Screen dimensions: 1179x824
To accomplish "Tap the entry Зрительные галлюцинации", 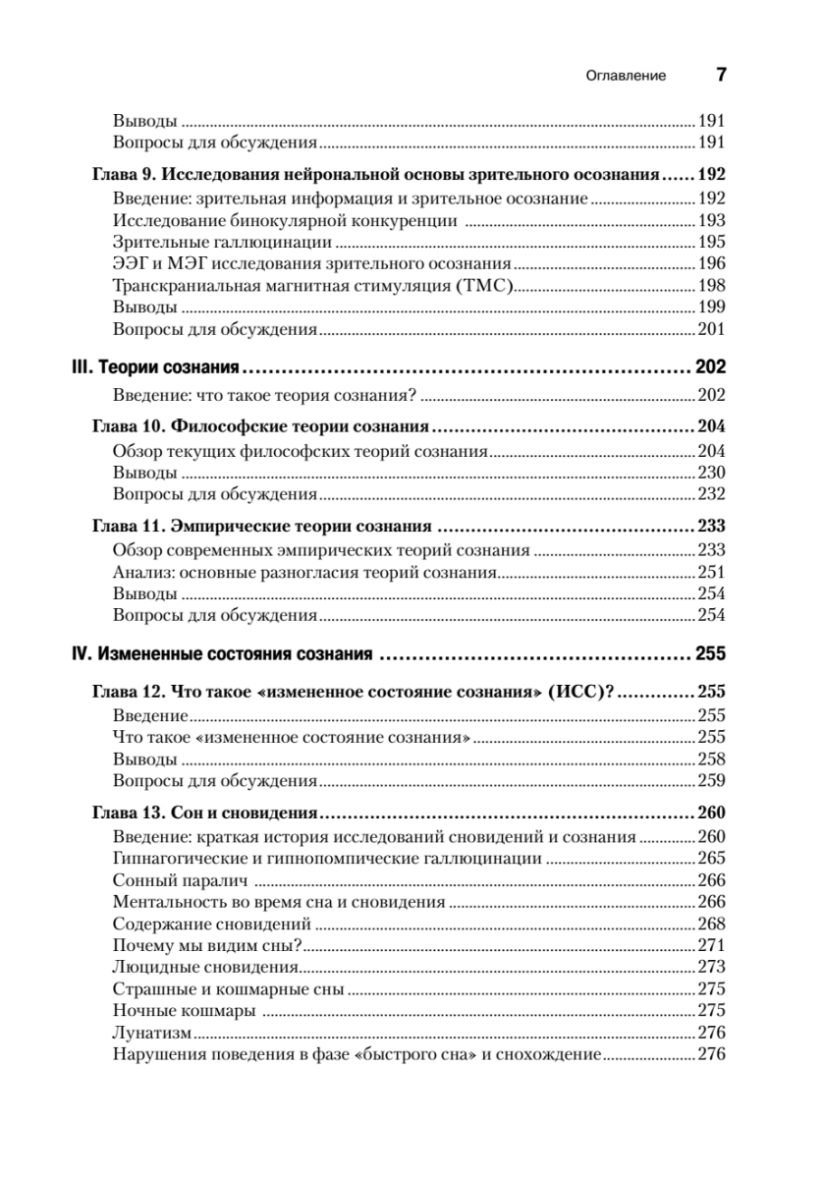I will point(222,242).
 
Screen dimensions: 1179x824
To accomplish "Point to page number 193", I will point(710,220).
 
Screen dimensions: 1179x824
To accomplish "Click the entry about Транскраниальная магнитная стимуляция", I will point(314,286).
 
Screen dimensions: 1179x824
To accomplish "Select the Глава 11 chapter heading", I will point(262,525).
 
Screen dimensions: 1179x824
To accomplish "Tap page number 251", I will point(710,572).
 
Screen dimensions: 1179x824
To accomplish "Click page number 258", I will point(710,758).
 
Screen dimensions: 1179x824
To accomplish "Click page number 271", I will point(710,945).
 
